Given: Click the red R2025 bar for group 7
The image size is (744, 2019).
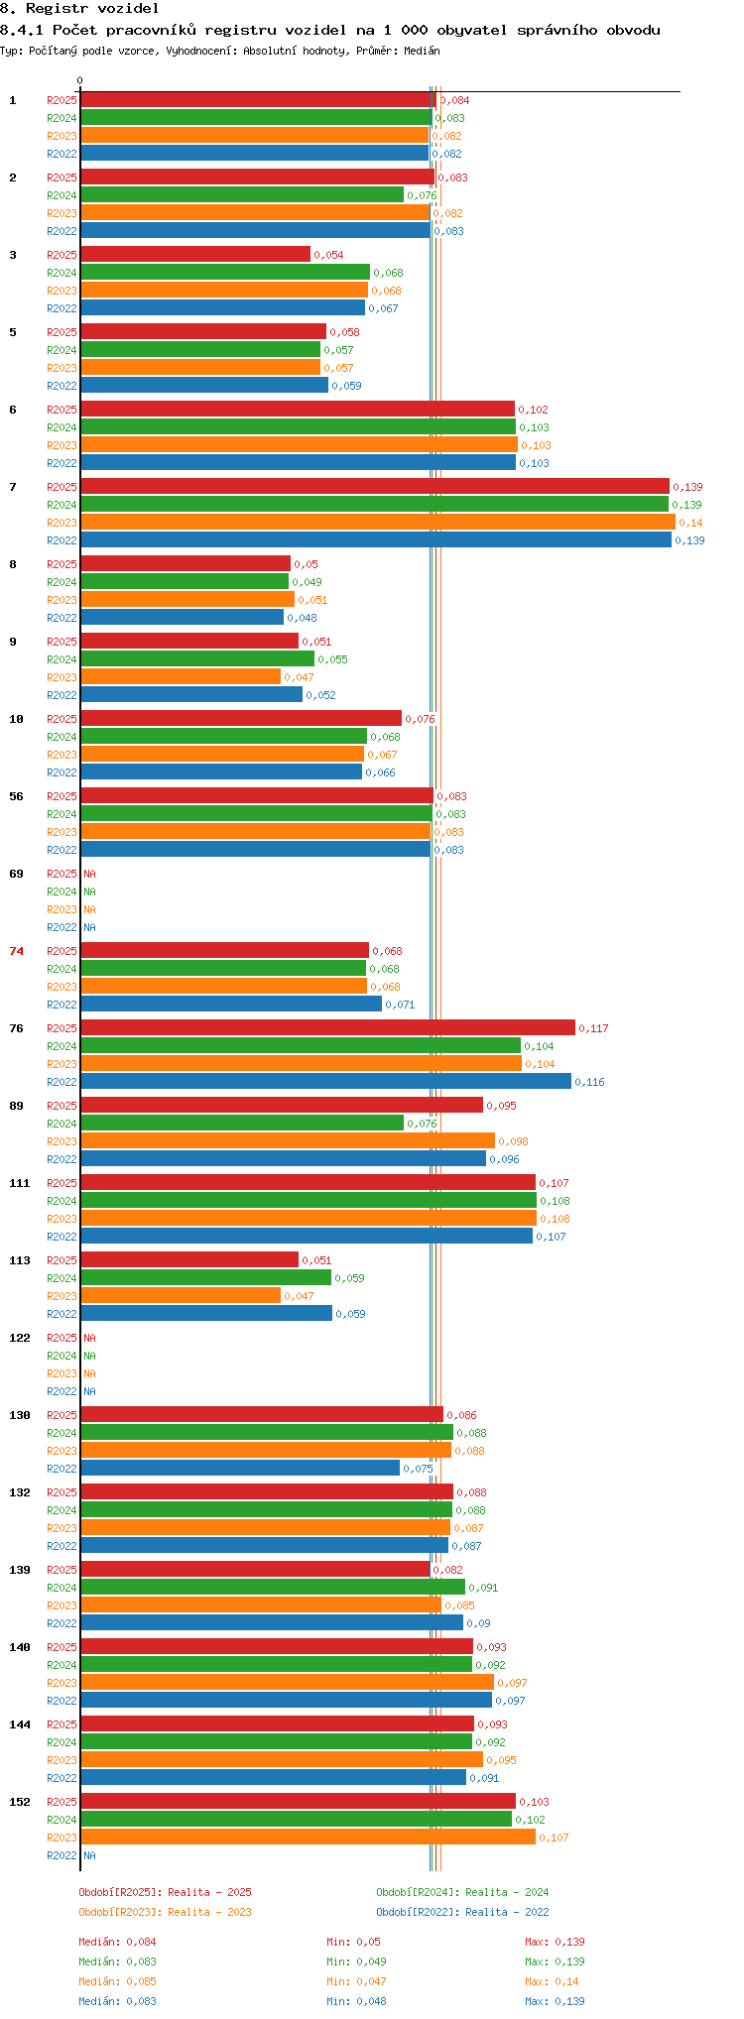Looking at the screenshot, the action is [x=375, y=486].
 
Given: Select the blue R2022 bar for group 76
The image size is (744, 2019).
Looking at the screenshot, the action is [x=325, y=1081].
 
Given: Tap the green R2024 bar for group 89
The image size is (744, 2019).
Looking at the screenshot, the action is [x=242, y=1123].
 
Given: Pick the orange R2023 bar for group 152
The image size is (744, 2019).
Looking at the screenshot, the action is [x=308, y=1837].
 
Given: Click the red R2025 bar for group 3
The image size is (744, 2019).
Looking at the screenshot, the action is [x=195, y=254].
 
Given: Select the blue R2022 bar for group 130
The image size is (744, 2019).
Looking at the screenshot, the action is [x=240, y=1468].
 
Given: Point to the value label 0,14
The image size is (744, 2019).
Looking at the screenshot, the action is [x=690, y=523].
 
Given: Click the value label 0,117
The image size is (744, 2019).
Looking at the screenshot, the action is [x=593, y=1028].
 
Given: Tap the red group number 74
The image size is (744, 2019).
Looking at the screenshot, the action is [x=16, y=951].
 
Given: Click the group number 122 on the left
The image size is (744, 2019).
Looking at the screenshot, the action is [x=20, y=1338].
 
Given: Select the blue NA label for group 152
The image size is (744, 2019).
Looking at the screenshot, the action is [x=89, y=1855].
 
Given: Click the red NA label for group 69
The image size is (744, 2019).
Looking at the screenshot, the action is [x=89, y=874].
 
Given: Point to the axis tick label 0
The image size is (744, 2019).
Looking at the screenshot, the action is [x=80, y=80].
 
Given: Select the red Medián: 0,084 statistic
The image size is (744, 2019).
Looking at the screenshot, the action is [x=118, y=1942].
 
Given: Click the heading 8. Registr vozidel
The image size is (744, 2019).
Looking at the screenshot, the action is [x=79, y=9].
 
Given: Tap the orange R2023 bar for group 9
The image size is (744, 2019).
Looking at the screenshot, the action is [x=181, y=676].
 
